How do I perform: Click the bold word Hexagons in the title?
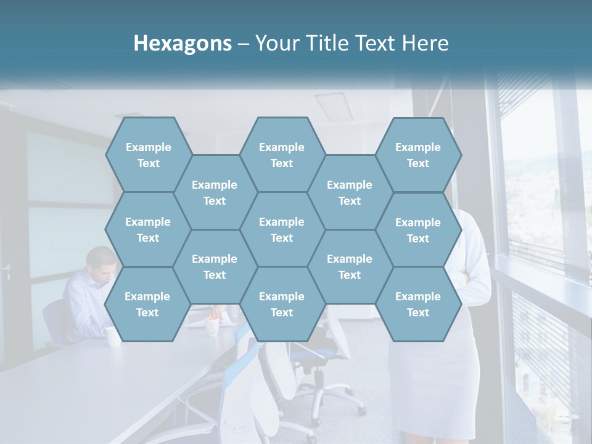(183, 43)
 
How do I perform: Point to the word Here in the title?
(425, 43)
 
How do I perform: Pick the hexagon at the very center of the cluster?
(282, 229)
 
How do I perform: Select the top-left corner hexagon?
(148, 155)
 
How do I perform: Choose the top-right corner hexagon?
(418, 155)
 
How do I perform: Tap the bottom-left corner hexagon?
(147, 304)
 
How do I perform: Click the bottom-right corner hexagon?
(418, 304)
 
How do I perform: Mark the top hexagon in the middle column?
(282, 155)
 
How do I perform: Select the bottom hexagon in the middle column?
(282, 304)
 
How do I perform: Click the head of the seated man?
(102, 262)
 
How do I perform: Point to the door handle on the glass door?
(7, 270)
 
